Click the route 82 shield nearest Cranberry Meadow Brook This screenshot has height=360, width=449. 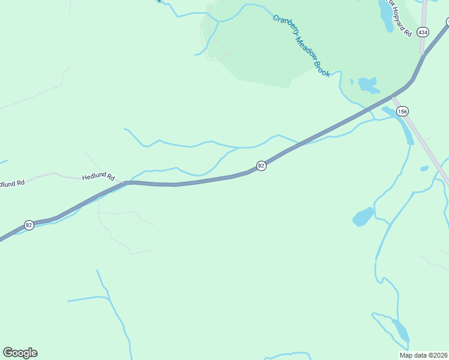(261, 166)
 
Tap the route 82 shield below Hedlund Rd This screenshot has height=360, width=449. (29, 225)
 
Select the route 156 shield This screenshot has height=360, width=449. (402, 111)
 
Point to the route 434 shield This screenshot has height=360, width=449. (424, 32)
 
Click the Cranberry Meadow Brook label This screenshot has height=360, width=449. (301, 45)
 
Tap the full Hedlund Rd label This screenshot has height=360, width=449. (98, 176)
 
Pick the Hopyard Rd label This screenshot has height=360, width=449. (401, 22)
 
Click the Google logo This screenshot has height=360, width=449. (20, 353)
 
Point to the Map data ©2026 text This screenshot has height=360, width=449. (423, 355)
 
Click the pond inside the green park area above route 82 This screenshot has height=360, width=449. (367, 85)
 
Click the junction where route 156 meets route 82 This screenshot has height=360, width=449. (394, 97)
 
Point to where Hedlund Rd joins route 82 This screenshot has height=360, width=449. (125, 182)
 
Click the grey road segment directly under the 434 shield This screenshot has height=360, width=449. (423, 45)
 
